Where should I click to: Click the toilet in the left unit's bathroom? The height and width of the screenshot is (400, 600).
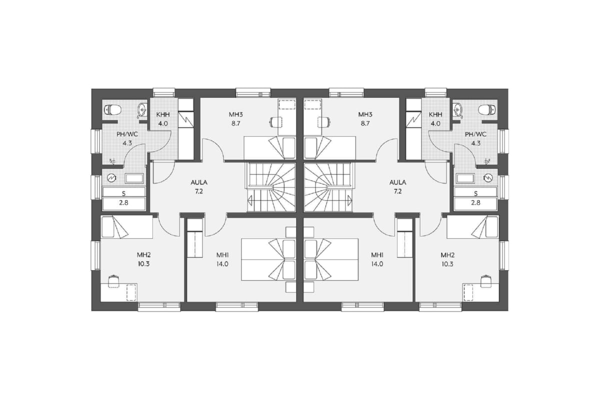112,109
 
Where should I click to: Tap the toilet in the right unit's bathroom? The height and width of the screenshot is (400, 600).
487,109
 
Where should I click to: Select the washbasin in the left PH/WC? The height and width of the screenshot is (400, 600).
141,110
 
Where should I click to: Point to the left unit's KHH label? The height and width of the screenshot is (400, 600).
163,114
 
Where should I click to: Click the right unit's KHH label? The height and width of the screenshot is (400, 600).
435,114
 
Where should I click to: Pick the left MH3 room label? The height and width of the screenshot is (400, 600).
235,114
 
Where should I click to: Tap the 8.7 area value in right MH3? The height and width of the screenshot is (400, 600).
365,124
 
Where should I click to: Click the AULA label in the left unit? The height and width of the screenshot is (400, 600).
199,182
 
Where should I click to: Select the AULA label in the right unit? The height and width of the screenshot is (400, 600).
397,182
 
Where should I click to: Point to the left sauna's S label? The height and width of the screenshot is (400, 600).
123,193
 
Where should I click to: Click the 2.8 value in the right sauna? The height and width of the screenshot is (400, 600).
475,203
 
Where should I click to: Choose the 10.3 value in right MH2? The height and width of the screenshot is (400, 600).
447,264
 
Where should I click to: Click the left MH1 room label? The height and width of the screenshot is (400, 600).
222,255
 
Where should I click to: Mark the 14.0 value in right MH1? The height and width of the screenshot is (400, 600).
377,264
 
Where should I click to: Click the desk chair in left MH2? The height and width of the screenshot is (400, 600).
113,281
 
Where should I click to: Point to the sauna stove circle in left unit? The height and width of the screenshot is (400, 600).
111,177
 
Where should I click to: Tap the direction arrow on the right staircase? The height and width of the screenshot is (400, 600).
349,199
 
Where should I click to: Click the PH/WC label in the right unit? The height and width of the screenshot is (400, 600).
475,134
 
